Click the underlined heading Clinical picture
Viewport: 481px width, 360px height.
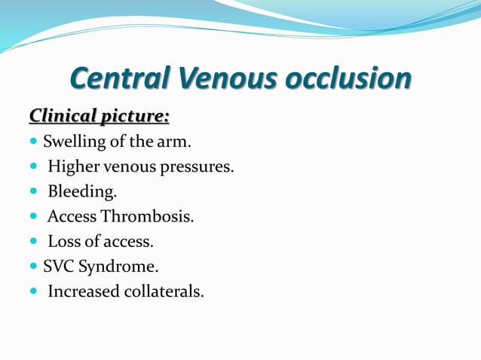[x=99, y=117]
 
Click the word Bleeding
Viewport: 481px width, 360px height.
[x=81, y=192]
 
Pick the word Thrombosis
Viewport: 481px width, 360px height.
[x=157, y=217]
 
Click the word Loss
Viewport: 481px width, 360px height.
[x=63, y=242]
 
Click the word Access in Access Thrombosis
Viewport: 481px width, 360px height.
[x=72, y=217]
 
